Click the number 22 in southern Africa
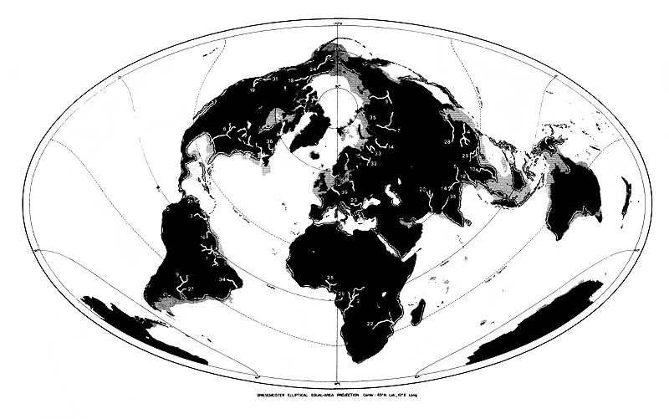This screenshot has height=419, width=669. click(370, 324)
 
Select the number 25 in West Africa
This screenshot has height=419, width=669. click(329, 278)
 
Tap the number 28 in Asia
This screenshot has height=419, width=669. click(447, 143)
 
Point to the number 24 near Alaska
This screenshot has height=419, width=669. click(313, 69)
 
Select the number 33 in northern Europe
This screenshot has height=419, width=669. click(378, 154)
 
